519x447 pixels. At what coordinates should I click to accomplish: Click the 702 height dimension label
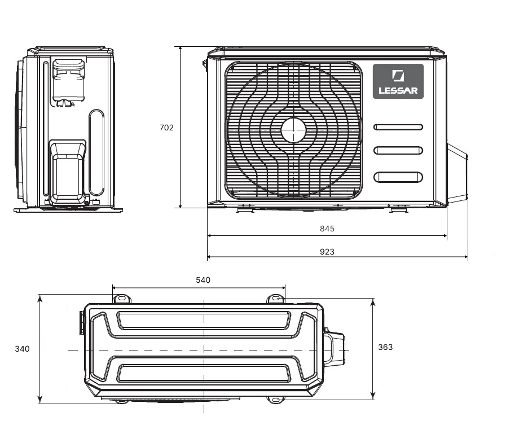[x=166, y=128]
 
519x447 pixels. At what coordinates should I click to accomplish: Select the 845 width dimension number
[x=327, y=229]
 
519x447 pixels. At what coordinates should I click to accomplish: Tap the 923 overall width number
[x=327, y=252]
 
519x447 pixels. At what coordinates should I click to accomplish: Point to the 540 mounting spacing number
[x=203, y=280]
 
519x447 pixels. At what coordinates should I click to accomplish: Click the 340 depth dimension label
[x=22, y=349]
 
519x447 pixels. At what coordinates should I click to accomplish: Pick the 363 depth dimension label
[x=385, y=347]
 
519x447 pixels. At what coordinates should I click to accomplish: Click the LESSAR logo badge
[x=398, y=81]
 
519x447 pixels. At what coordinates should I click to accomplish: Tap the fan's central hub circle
[x=293, y=130]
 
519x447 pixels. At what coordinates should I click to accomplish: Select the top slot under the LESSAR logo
[x=398, y=127]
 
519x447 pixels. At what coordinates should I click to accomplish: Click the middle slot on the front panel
[x=398, y=150]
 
